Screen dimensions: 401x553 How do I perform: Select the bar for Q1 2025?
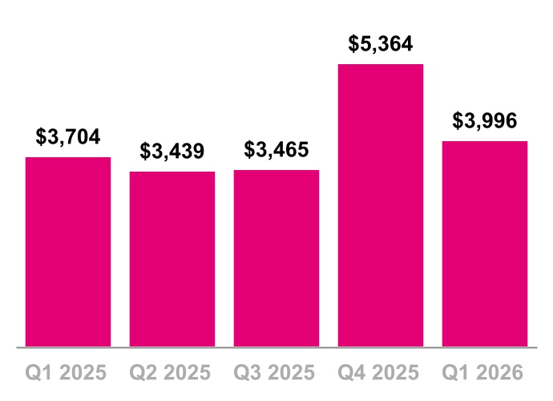click(x=68, y=252)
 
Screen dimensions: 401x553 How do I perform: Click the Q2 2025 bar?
click(x=172, y=259)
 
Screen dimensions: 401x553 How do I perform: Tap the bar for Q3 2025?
click(x=276, y=258)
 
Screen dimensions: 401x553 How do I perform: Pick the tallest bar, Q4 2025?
click(x=381, y=205)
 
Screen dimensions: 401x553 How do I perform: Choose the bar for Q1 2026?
click(x=485, y=244)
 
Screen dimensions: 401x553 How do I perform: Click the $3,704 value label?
click(x=68, y=136)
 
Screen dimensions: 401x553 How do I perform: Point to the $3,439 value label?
click(x=172, y=151)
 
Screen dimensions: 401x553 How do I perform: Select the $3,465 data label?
click(x=276, y=149)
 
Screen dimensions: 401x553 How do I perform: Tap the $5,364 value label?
click(x=381, y=43)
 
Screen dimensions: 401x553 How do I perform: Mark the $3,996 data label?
click(x=485, y=120)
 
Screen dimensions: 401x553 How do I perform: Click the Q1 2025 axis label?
click(x=68, y=373)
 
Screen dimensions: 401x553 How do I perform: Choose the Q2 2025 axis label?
click(x=172, y=373)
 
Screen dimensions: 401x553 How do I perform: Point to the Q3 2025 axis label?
click(x=276, y=373)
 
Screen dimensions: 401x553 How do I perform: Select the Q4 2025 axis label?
click(x=381, y=373)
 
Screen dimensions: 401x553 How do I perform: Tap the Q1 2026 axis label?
click(x=485, y=373)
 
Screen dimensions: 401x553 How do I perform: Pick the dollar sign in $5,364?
click(x=353, y=43)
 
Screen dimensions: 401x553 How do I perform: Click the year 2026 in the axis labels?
click(x=502, y=373)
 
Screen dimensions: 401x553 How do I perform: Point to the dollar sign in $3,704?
click(x=41, y=136)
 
